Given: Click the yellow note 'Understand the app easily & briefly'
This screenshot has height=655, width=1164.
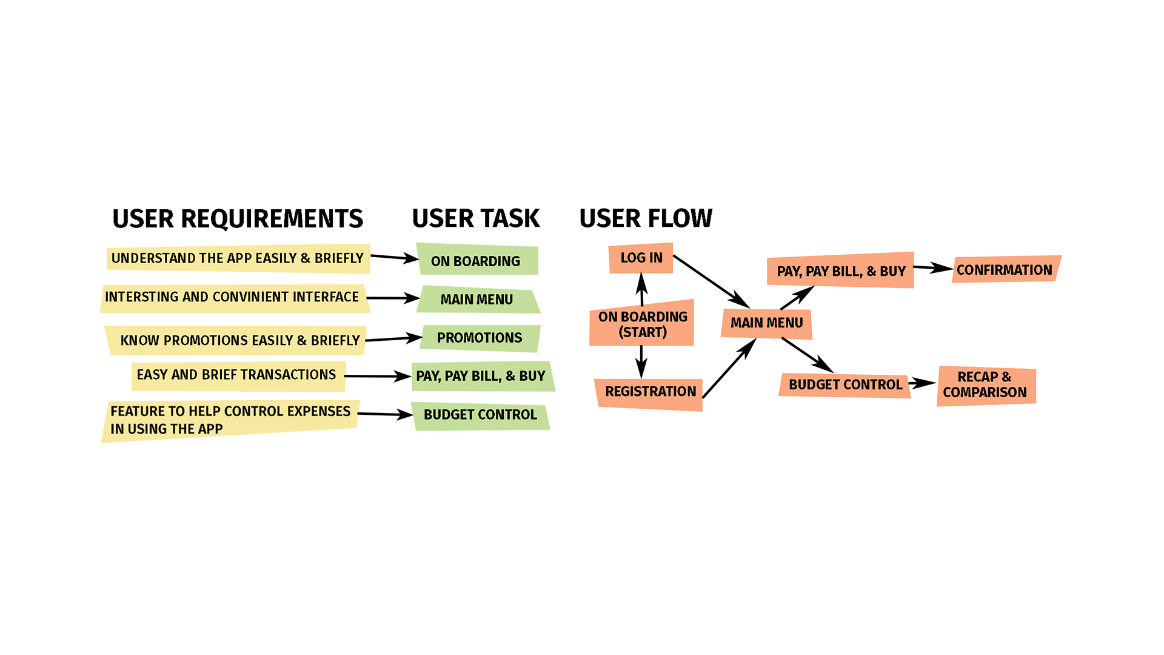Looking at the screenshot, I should click(237, 258).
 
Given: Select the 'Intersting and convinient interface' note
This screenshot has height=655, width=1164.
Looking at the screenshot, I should click(232, 297).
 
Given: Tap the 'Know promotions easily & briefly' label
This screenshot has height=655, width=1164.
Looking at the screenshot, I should click(240, 341).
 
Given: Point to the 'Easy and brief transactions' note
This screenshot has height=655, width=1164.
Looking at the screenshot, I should click(236, 375).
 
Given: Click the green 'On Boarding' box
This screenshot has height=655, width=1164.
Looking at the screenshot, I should click(475, 261).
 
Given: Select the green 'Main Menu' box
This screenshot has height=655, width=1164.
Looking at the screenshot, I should click(477, 300).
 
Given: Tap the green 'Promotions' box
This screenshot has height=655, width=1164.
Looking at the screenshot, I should click(479, 338).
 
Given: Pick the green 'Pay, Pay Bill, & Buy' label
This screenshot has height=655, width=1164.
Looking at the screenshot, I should click(480, 376).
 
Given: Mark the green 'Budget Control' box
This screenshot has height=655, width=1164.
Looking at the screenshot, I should click(480, 415).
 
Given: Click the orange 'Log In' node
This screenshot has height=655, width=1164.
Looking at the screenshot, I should click(641, 258).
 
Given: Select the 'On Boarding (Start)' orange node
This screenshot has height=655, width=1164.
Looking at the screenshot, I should click(643, 324).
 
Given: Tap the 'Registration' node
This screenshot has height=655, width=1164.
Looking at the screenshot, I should click(651, 392).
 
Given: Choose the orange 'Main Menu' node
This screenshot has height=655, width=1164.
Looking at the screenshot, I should click(766, 323).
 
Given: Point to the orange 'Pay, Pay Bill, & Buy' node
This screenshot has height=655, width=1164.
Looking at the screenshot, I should click(841, 272).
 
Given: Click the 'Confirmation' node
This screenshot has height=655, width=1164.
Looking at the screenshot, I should click(1004, 270).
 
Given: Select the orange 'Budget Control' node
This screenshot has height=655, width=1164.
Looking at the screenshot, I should click(845, 385).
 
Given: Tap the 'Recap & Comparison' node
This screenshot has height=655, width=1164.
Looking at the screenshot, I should click(985, 385).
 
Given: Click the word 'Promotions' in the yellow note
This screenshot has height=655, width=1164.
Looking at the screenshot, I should click(206, 341).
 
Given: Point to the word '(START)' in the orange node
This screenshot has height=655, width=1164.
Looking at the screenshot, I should click(643, 332).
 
